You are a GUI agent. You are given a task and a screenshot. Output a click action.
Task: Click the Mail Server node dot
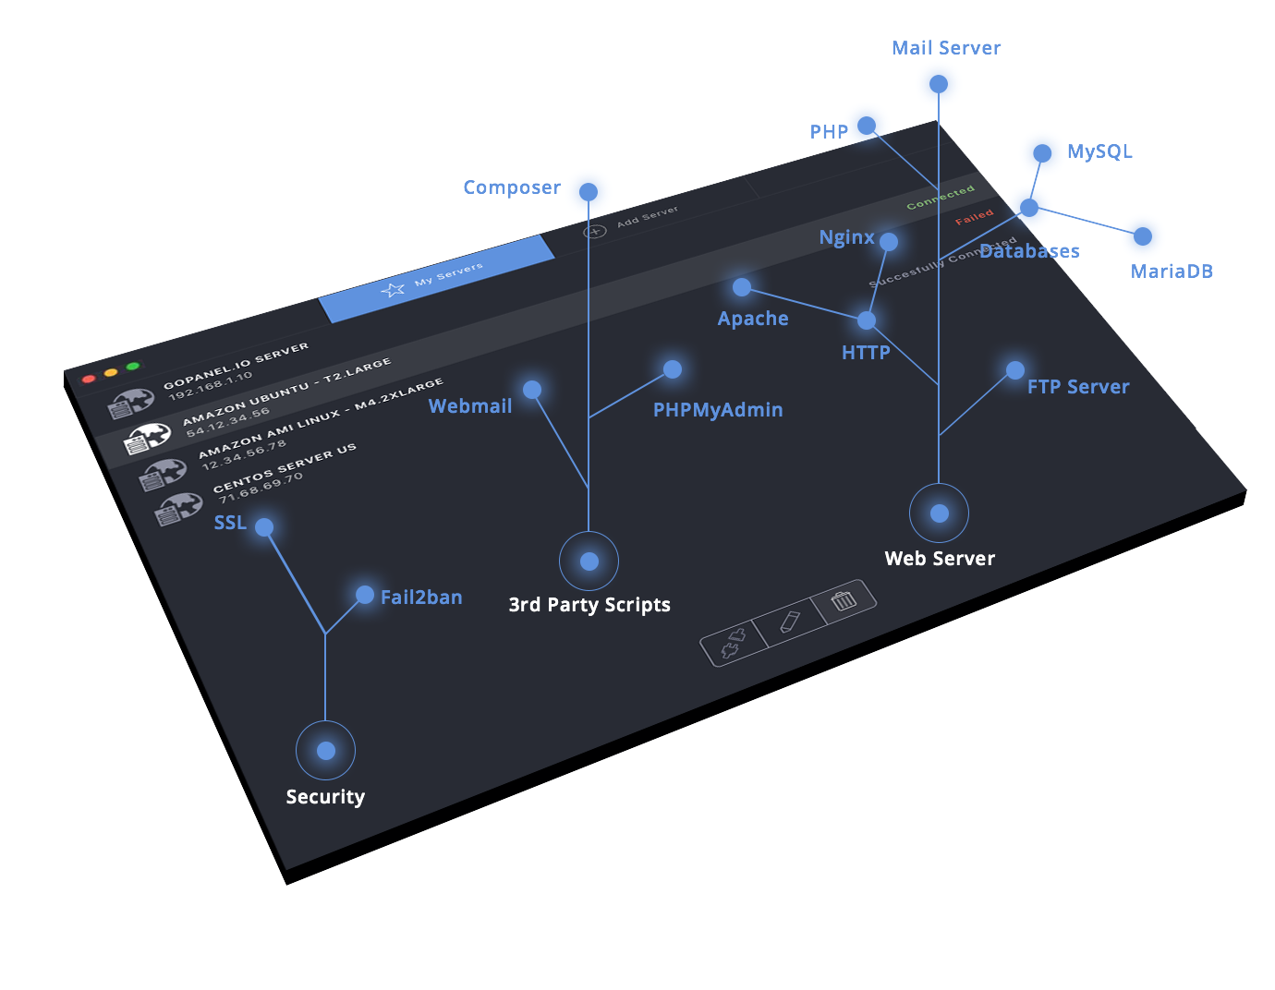[x=939, y=84]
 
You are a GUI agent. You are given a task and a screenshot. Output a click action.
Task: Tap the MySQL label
[x=1099, y=151]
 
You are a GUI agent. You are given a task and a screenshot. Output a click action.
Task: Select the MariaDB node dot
[x=1143, y=236]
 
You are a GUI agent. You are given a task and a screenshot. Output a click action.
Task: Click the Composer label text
[x=511, y=187]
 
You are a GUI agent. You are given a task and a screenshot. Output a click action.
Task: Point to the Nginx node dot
[x=889, y=242]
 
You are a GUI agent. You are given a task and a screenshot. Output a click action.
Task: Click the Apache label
[x=753, y=319]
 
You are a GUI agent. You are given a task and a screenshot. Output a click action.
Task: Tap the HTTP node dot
[x=867, y=320]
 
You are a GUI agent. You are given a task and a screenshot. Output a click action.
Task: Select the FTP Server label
[x=1078, y=387]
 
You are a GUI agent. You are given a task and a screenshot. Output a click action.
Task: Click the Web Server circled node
[x=940, y=513]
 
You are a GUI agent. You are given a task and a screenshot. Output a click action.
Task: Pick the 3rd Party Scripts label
[x=589, y=605]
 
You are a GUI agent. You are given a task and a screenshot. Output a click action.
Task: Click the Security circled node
[x=326, y=751]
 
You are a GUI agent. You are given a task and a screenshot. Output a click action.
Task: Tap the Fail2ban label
[x=421, y=598]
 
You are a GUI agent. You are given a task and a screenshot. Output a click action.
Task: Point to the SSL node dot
[x=264, y=527]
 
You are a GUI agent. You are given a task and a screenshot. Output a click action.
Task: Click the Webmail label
[x=470, y=406]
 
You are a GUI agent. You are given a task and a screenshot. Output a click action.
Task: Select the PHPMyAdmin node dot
[x=673, y=369]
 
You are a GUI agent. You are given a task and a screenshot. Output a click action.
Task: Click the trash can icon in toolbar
[x=844, y=601]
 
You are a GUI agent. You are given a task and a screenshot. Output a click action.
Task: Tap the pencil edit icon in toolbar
[x=789, y=621]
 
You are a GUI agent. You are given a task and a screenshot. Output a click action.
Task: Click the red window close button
[x=89, y=379]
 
